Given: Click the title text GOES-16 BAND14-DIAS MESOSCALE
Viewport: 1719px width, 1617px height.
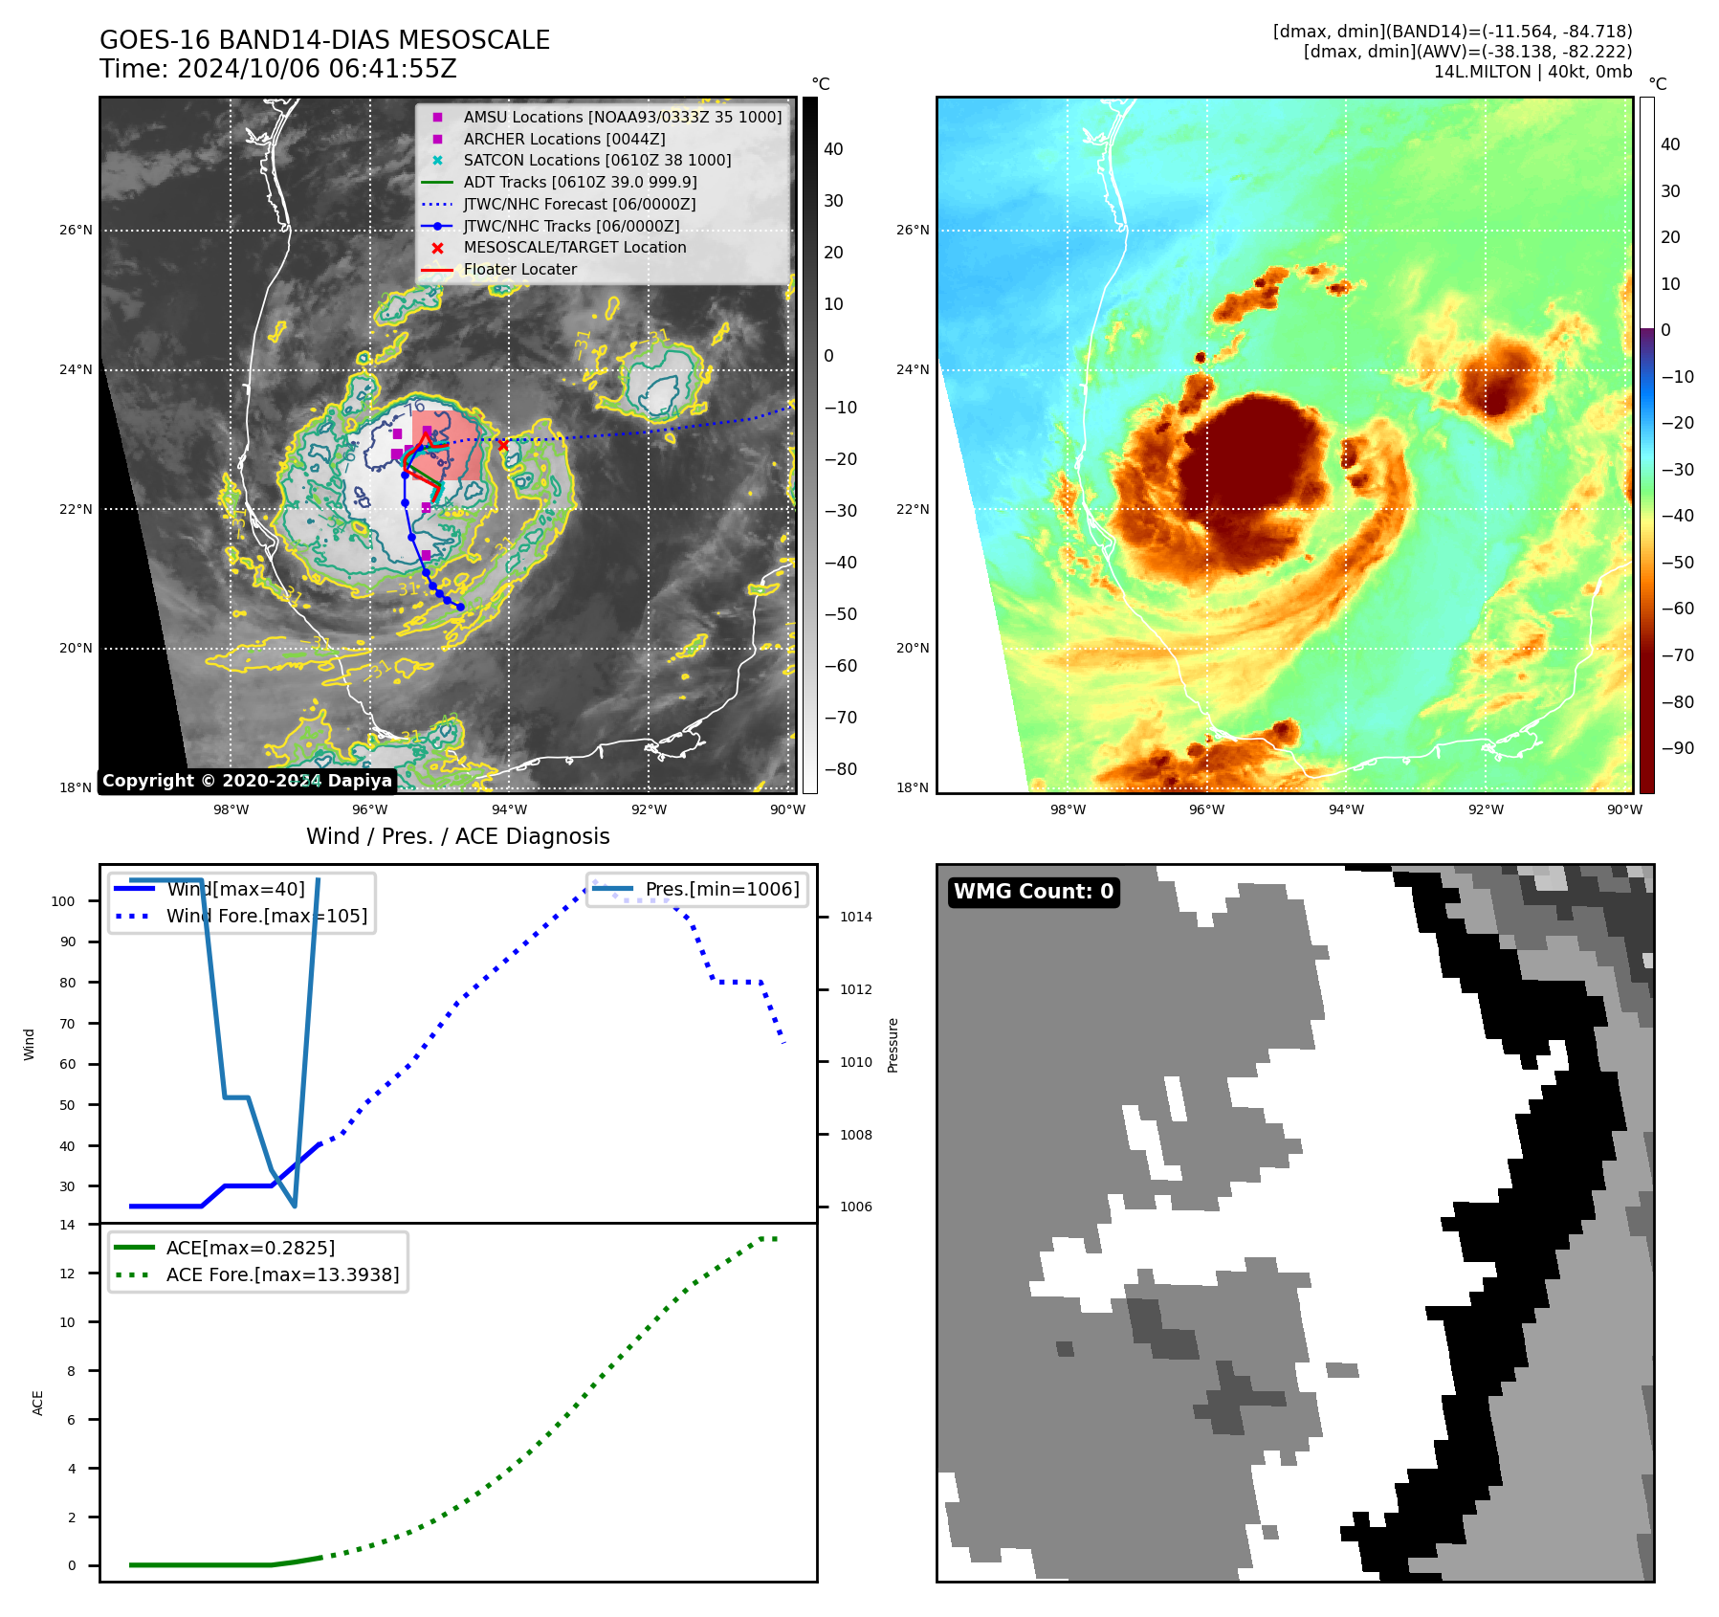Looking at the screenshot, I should coord(324,40).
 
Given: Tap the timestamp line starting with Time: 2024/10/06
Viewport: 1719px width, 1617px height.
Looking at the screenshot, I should coord(277,69).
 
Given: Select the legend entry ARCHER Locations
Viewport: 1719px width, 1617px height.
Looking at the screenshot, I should coord(563,139).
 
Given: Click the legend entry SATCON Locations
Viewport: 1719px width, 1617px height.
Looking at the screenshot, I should coord(597,161).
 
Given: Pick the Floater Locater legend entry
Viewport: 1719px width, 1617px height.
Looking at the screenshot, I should coord(519,270).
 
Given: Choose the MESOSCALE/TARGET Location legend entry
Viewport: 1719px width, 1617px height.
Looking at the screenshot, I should coord(574,248).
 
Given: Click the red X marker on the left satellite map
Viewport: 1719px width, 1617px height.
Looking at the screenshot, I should coord(503,445).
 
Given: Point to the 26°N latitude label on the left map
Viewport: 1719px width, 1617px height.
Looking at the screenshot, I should coord(77,231).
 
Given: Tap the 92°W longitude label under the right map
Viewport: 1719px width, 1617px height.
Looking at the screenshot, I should coord(1486,809).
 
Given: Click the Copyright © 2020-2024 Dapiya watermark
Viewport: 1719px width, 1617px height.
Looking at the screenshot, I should coord(247,781).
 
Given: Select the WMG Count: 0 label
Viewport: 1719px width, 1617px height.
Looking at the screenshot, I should coord(1033,892).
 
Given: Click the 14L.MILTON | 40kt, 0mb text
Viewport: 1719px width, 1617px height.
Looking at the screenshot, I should coord(1532,72).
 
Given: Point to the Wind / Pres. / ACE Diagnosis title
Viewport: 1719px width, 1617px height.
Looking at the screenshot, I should coord(457,836).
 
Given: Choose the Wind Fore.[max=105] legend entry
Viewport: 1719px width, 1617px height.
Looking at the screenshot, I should coord(266,916).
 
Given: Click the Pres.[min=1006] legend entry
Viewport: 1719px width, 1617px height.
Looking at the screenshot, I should coord(721,889).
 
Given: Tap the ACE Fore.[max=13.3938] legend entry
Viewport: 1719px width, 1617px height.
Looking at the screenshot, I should coord(282,1274).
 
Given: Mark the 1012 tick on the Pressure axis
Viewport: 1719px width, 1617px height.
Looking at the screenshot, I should coord(855,989).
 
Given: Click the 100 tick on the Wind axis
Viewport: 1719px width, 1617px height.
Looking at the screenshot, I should coord(63,901).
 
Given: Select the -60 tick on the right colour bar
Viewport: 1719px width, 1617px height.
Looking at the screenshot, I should coord(1676,609).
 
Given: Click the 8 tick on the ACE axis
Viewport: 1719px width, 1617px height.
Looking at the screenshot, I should coord(71,1371).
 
